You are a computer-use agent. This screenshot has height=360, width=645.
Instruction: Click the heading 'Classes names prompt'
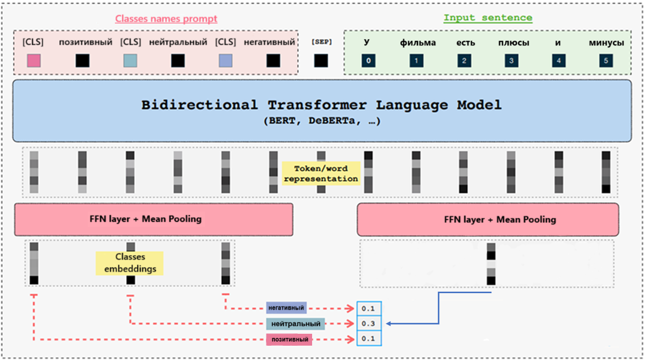(x=166, y=19)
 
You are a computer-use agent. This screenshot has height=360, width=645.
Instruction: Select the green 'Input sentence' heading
(x=487, y=18)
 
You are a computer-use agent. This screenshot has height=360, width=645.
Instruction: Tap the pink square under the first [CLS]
(x=34, y=60)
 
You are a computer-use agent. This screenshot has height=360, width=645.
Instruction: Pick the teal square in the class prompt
(x=130, y=60)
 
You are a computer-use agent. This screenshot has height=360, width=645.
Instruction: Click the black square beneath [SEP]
(x=321, y=60)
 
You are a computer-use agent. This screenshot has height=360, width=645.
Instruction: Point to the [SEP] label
(x=321, y=42)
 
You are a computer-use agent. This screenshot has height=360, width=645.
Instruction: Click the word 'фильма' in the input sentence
(x=418, y=43)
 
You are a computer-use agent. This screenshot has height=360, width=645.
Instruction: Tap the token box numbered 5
(x=606, y=61)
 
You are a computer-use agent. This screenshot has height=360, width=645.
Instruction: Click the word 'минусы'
(x=606, y=43)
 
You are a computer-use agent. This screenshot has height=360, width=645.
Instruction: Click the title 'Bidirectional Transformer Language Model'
(x=322, y=105)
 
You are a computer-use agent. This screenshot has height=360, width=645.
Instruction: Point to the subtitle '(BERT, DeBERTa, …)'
(x=322, y=121)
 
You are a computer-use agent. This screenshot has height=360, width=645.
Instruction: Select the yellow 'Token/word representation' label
(x=320, y=173)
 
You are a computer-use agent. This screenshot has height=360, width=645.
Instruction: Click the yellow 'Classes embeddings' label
(x=130, y=263)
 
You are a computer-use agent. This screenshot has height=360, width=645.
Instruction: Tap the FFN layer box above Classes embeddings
(x=154, y=219)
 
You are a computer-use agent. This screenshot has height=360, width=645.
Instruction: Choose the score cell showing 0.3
(x=369, y=324)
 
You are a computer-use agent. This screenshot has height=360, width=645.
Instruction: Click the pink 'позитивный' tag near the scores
(x=290, y=340)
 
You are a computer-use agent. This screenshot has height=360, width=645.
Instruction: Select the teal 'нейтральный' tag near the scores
(x=295, y=324)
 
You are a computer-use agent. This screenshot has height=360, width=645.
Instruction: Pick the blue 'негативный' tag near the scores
(x=286, y=308)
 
